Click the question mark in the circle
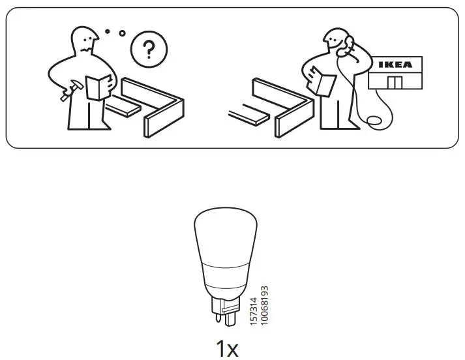pyautogui.click(x=149, y=49)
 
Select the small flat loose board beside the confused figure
pyautogui.click(x=123, y=106)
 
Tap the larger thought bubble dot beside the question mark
pyautogui.click(x=122, y=33)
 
